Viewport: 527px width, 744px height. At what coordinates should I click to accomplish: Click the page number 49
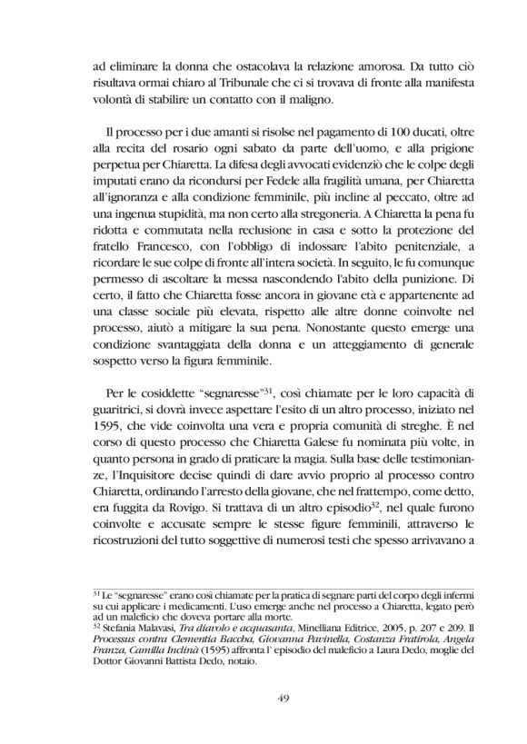(x=263, y=697)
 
